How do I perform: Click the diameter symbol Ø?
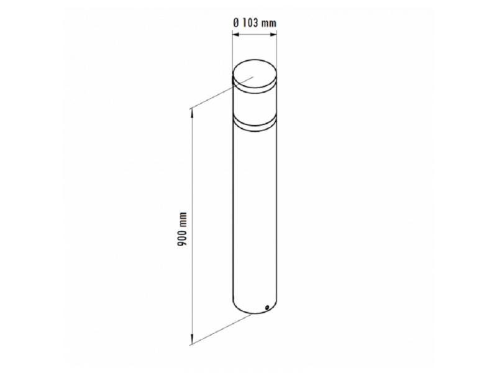(x=236, y=23)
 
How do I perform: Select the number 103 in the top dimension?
(x=250, y=23)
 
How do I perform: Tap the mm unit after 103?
(x=269, y=24)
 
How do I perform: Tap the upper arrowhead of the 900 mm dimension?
(x=191, y=113)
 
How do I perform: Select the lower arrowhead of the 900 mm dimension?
(x=191, y=339)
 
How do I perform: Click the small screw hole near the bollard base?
(x=267, y=307)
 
